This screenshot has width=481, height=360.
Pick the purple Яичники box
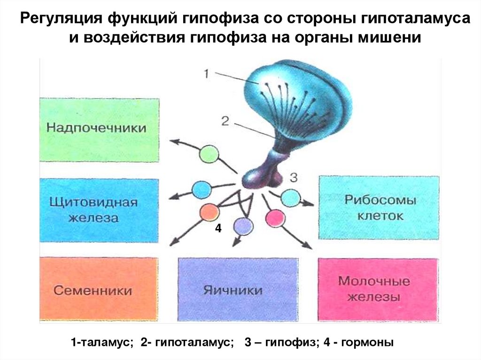click(x=238, y=289)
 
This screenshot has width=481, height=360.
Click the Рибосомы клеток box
click(x=380, y=208)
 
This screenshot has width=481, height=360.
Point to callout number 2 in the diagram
click(x=225, y=121)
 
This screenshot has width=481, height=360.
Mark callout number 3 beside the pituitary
click(x=293, y=177)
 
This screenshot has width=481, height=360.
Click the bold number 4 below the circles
click(x=218, y=229)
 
